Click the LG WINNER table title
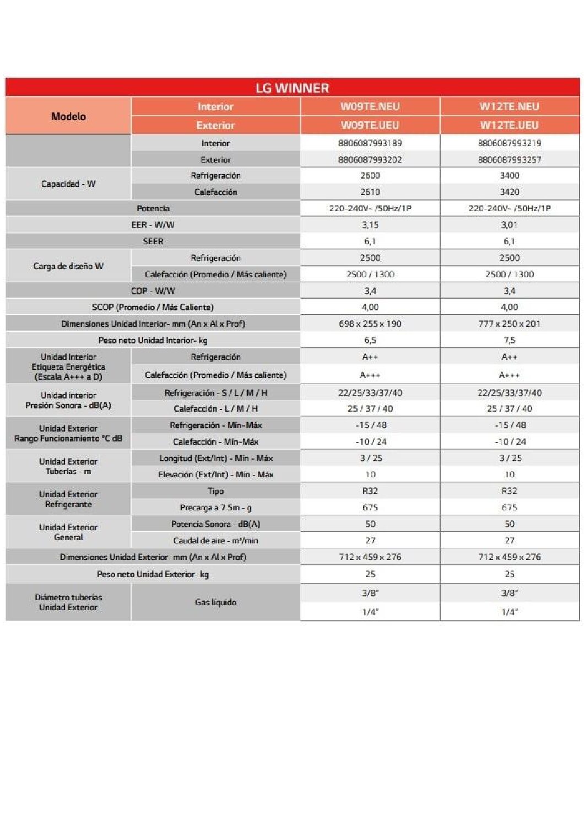[292, 88]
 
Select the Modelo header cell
[68, 116]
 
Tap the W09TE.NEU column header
[370, 106]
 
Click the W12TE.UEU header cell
[509, 125]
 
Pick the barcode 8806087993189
[370, 143]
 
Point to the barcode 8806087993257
[509, 159]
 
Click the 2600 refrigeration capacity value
[370, 175]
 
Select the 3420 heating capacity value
[509, 192]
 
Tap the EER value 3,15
[370, 225]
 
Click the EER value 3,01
[509, 225]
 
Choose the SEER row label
[153, 241]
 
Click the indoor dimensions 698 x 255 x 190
[370, 323]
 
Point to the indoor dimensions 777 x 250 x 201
[509, 323]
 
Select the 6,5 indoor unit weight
[370, 340]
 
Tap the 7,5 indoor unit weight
[509, 340]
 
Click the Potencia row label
[153, 208]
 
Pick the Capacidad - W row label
[68, 184]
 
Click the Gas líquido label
[215, 602]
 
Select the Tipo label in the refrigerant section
[215, 491]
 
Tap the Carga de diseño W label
[68, 266]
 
